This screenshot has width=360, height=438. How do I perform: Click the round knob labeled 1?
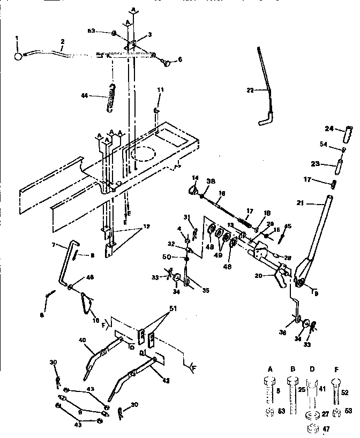pyautogui.click(x=18, y=56)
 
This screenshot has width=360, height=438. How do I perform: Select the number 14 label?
pyautogui.click(x=194, y=177)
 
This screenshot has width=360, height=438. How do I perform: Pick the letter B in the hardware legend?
pyautogui.click(x=291, y=369)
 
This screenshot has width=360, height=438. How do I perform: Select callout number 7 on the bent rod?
pyautogui.click(x=54, y=245)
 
